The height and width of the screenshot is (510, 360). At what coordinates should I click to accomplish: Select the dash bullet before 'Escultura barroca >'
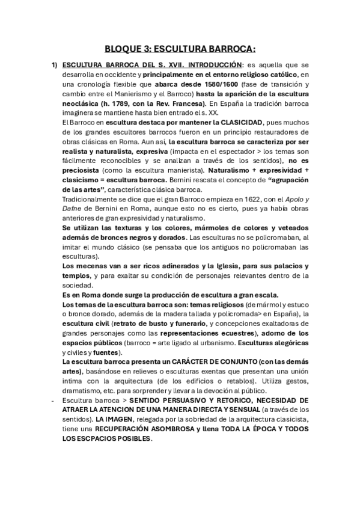53,400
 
